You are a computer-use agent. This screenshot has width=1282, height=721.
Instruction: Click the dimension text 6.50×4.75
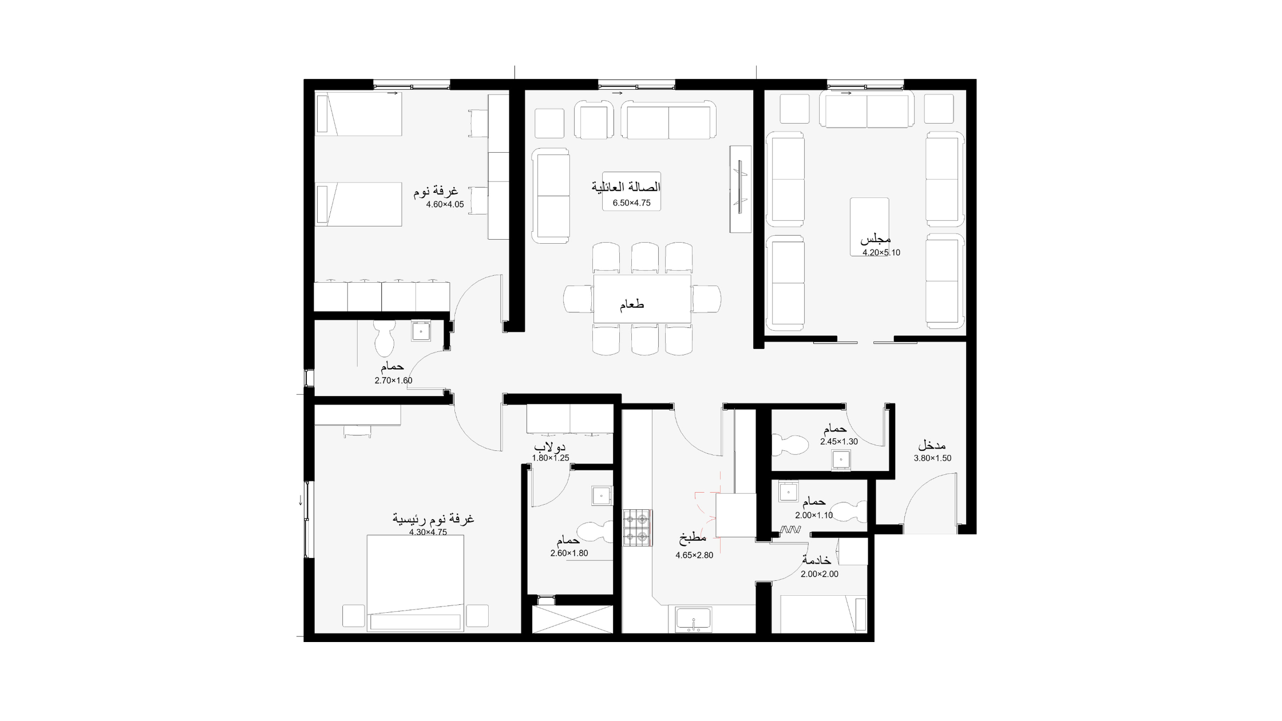631,203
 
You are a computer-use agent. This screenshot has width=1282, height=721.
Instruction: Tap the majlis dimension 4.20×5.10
881,252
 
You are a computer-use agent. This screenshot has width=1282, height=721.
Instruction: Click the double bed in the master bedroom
415,583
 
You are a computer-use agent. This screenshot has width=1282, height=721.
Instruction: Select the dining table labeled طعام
642,299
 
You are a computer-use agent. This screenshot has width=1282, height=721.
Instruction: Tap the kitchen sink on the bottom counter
694,620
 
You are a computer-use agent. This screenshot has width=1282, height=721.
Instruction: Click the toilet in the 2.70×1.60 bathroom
384,338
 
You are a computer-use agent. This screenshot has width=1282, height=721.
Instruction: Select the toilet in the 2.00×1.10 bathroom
848,510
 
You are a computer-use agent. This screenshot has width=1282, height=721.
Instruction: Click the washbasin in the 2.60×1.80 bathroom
602,496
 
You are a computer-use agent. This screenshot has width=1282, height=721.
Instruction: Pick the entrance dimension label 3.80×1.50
932,458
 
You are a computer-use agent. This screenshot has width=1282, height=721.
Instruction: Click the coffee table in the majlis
869,223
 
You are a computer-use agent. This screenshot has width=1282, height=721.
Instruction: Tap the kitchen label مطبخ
693,538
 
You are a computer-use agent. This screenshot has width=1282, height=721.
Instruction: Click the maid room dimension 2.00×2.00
820,574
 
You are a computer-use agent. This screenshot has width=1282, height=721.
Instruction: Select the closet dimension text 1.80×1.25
551,458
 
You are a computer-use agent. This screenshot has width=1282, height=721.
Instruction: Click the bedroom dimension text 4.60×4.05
445,204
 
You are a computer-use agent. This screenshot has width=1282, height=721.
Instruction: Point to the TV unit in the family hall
740,189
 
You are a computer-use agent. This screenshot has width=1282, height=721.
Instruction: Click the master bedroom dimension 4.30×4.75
428,532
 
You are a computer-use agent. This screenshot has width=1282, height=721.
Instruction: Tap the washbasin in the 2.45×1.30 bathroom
840,459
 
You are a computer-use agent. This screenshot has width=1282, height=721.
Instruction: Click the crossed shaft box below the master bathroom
572,619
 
